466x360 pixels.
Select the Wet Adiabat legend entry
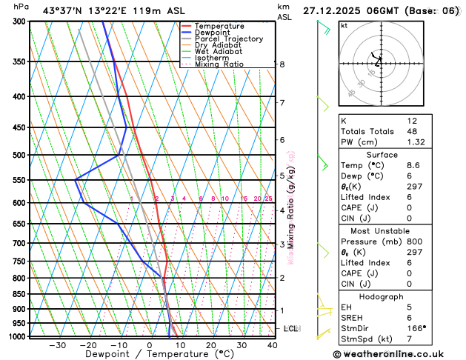point(221,52)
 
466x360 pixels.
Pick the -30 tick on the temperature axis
point(57,345)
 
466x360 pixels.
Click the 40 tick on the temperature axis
point(272,345)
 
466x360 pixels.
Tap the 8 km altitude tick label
point(282,64)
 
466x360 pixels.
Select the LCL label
point(291,328)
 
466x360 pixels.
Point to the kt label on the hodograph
point(344,25)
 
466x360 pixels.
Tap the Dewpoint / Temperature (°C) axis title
point(149,355)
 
